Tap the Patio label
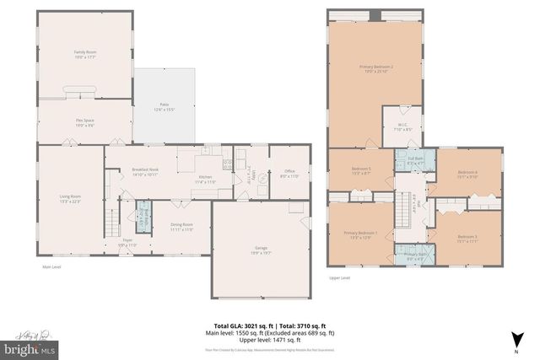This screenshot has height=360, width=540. pyautogui.click(x=164, y=106)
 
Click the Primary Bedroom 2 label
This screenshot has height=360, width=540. pyautogui.click(x=376, y=68)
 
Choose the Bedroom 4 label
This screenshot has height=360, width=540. pyautogui.click(x=467, y=175)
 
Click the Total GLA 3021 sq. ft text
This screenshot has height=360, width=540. pyautogui.click(x=242, y=325)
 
